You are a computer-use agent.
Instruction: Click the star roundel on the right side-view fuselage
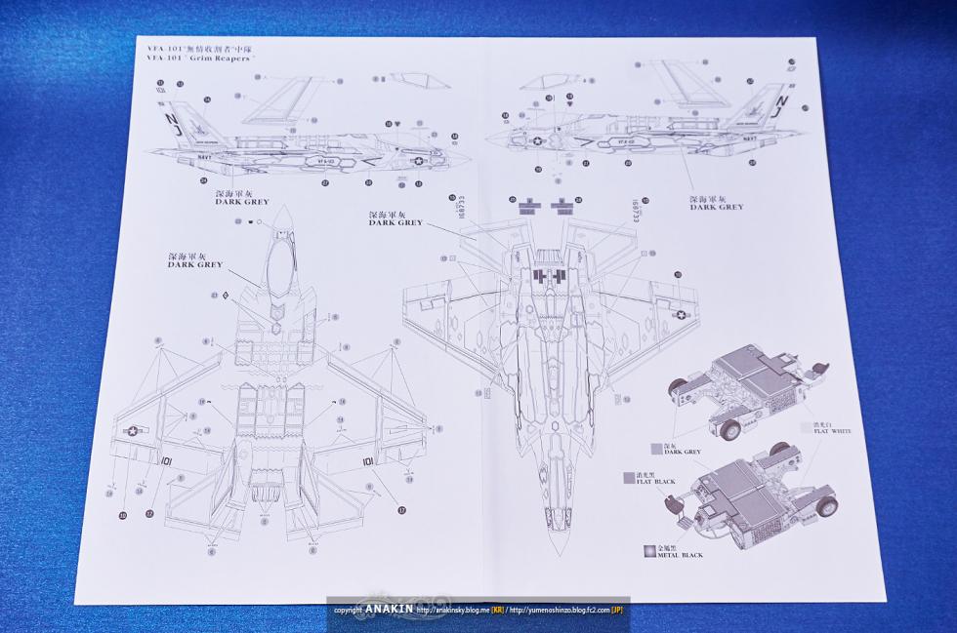[534, 141]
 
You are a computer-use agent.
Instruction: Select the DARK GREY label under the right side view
[717, 207]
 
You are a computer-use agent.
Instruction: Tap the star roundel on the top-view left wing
[132, 430]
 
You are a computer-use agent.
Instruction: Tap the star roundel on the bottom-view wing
[680, 314]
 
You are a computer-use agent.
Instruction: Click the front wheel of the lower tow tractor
[826, 507]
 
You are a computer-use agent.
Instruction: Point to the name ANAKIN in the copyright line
[391, 611]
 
